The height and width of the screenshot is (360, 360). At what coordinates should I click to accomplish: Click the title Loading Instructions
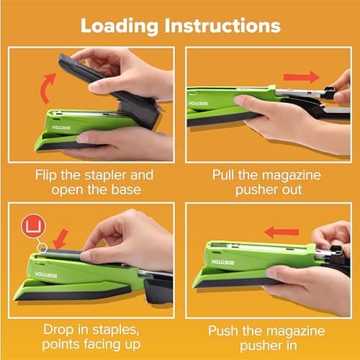[x=180, y=26]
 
